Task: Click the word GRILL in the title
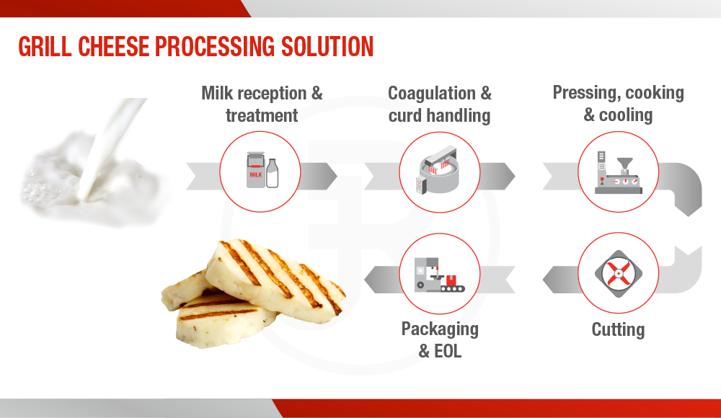pos(45,46)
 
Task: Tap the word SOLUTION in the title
pos(327,46)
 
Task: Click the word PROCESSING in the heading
pos(215,46)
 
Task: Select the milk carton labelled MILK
pos(256,170)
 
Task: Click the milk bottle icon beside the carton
pos(273,173)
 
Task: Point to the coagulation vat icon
pos(437,169)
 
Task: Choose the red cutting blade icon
pos(619,274)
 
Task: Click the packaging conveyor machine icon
pos(439,275)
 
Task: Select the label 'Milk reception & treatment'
pos(262,104)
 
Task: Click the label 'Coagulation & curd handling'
pos(440,104)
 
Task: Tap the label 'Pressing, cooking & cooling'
pos(618,104)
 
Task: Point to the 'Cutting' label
pos(618,329)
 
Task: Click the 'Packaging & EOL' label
pos(440,340)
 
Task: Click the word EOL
pos(448,351)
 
